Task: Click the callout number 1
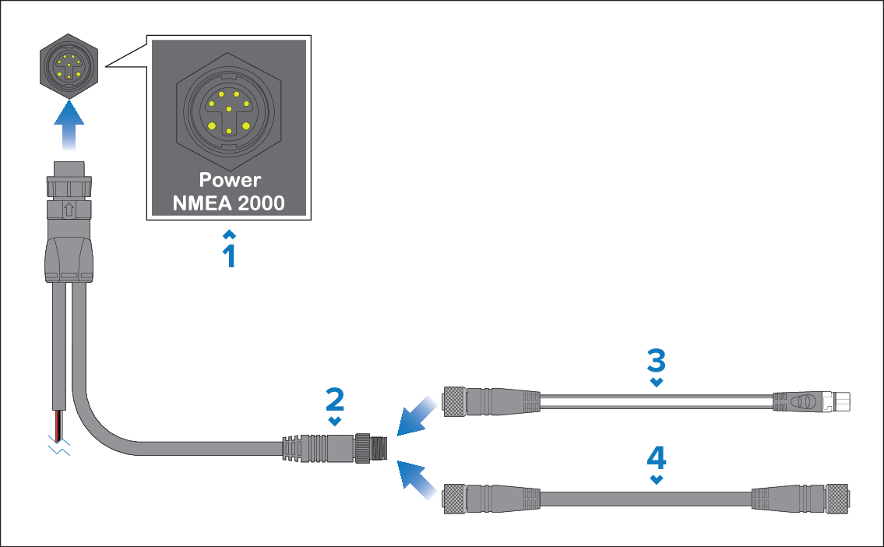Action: (x=229, y=256)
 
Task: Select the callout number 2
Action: (x=335, y=399)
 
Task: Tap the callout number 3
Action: (x=657, y=359)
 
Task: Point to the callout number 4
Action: (x=657, y=456)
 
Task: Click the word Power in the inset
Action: (x=229, y=180)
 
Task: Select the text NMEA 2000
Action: (x=229, y=204)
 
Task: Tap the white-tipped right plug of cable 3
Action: (x=841, y=402)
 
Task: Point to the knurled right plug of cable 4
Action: (x=836, y=498)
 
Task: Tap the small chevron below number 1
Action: (x=229, y=234)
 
